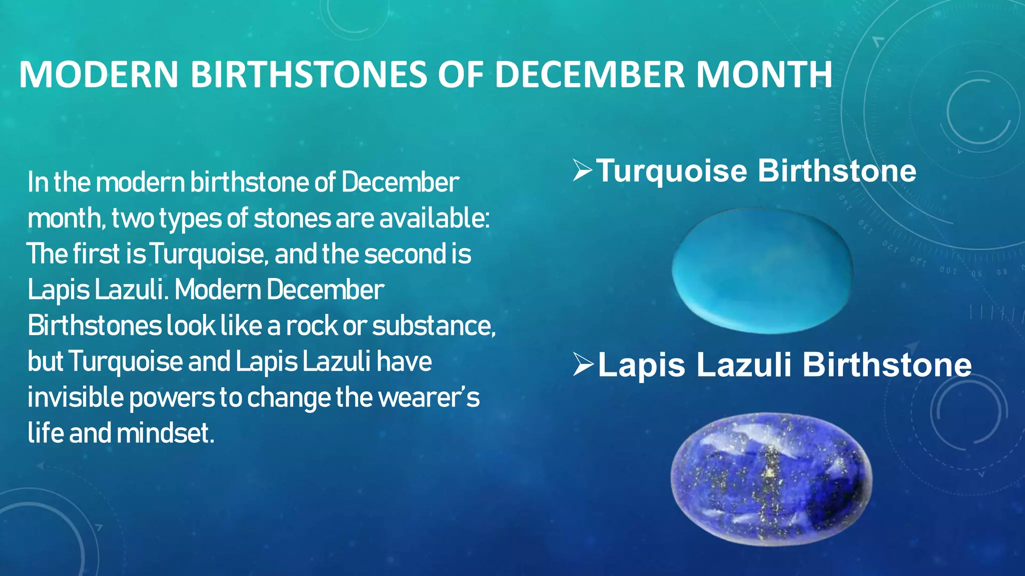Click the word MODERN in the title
click(x=99, y=75)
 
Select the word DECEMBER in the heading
click(x=590, y=75)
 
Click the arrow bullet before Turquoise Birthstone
click(x=582, y=171)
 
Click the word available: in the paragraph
click(x=434, y=218)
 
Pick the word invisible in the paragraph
click(x=76, y=397)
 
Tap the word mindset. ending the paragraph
click(x=166, y=433)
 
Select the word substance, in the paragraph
click(x=433, y=326)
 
